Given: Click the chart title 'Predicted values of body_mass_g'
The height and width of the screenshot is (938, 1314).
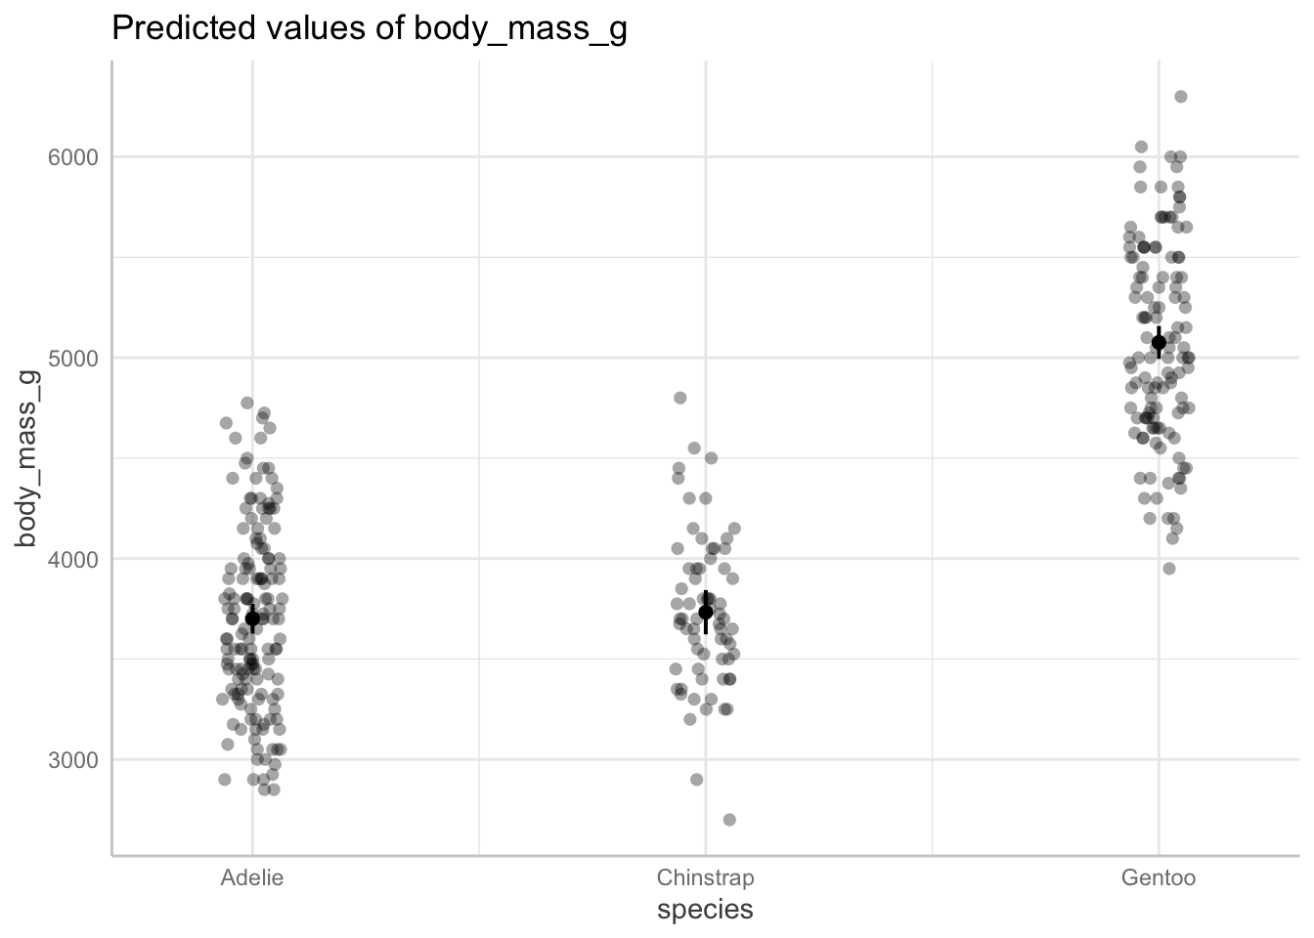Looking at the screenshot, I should pyautogui.click(x=370, y=29).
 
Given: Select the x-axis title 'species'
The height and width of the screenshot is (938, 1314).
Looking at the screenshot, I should pyautogui.click(x=705, y=910).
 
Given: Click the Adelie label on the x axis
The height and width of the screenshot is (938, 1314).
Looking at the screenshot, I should pyautogui.click(x=252, y=877).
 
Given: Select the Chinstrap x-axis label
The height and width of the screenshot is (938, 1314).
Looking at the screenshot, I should pyautogui.click(x=705, y=877).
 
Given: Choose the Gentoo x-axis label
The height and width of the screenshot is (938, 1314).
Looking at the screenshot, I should pyautogui.click(x=1159, y=877).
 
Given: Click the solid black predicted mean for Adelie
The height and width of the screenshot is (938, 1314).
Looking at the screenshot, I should pyautogui.click(x=252, y=618).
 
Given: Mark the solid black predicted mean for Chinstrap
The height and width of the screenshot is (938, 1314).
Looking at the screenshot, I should pyautogui.click(x=706, y=612).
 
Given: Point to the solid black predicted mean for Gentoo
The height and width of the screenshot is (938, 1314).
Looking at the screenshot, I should pyautogui.click(x=1159, y=342).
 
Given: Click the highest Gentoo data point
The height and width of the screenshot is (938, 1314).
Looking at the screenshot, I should pyautogui.click(x=1180, y=96).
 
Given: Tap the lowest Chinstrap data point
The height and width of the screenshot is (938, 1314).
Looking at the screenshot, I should pyautogui.click(x=729, y=820).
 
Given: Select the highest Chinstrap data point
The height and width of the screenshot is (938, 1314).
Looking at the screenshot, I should pyautogui.click(x=680, y=398).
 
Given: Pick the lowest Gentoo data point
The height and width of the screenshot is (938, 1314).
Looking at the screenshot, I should pyautogui.click(x=1168, y=569).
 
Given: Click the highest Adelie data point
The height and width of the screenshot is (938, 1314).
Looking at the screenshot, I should pyautogui.click(x=247, y=403).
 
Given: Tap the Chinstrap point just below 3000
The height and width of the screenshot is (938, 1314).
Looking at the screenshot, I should pyautogui.click(x=696, y=780).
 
